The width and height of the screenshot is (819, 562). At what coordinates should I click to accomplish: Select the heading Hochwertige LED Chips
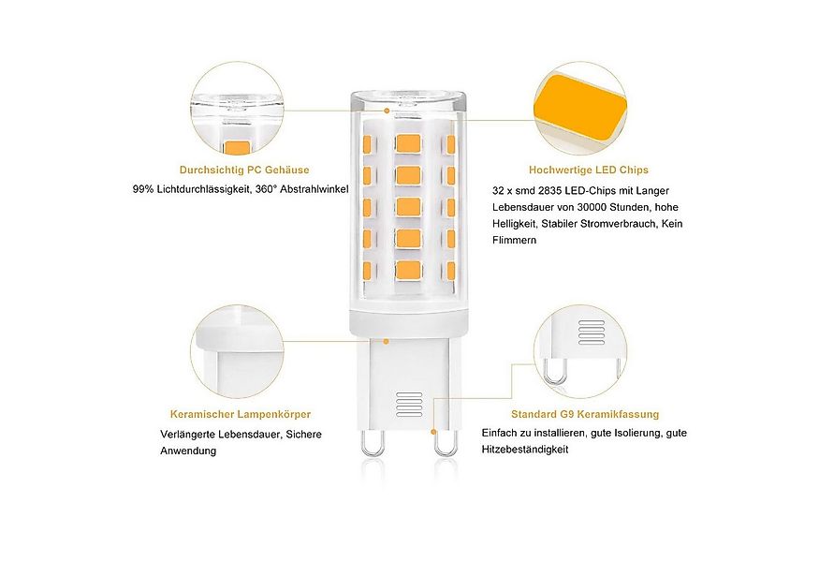[x=588, y=170]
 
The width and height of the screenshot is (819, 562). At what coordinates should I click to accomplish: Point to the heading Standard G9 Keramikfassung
[x=584, y=413]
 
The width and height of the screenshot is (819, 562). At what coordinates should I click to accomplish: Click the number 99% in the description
[x=143, y=190]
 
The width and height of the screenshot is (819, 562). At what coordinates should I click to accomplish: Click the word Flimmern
[x=514, y=241]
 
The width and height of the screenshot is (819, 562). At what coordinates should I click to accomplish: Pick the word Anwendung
[x=188, y=451]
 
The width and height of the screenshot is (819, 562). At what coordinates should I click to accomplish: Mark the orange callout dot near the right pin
[x=433, y=431]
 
